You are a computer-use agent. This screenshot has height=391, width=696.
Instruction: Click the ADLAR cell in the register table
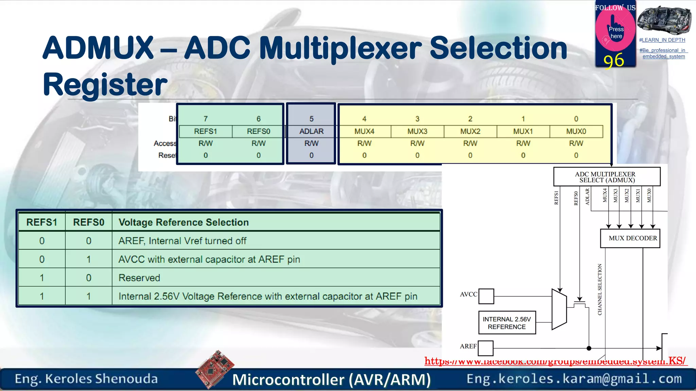(x=311, y=131)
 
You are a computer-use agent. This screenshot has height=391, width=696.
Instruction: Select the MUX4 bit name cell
(x=364, y=131)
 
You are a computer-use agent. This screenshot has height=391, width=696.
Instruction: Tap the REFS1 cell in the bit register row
(x=205, y=131)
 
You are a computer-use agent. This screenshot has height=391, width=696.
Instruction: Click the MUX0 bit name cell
(x=576, y=131)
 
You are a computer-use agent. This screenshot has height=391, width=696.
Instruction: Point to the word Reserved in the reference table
(x=139, y=278)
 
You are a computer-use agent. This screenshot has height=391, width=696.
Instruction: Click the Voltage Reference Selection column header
(x=184, y=222)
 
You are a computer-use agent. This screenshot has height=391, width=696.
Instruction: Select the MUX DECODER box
(x=630, y=238)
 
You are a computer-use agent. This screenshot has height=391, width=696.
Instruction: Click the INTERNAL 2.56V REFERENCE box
(x=507, y=323)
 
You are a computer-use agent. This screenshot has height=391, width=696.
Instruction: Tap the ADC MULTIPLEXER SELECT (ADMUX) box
(x=607, y=177)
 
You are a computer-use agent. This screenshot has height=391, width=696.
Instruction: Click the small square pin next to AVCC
(x=486, y=296)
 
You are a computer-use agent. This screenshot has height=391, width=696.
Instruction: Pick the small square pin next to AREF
(x=486, y=348)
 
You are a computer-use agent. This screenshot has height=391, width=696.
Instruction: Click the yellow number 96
(x=614, y=61)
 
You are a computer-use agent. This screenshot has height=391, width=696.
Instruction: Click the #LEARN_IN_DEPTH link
(x=662, y=40)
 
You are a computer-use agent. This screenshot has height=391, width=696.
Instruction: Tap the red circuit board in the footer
(x=215, y=369)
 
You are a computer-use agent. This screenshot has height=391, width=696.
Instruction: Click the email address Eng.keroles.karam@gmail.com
(x=574, y=379)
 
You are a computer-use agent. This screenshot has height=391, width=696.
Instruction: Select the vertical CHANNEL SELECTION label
(x=600, y=290)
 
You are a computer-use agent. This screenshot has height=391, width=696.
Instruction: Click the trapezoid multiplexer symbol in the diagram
(x=559, y=309)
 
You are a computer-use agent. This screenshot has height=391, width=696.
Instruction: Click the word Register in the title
(x=105, y=85)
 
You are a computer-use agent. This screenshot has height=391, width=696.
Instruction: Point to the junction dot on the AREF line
(x=589, y=348)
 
